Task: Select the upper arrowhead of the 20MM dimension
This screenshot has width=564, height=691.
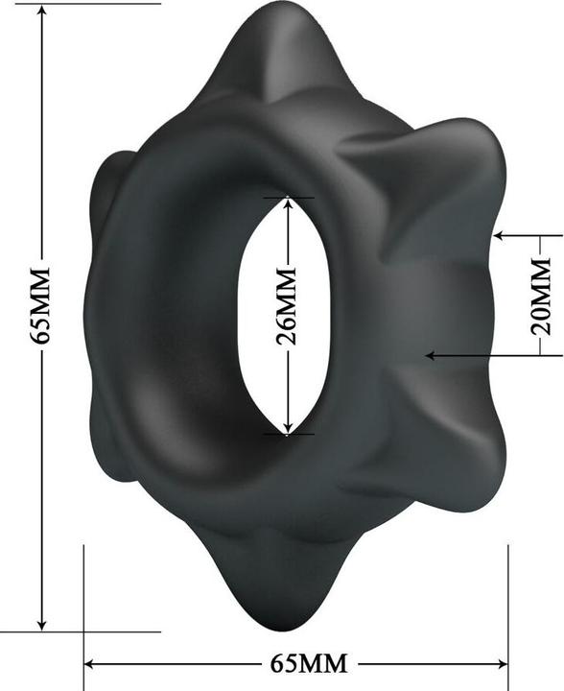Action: (499, 234)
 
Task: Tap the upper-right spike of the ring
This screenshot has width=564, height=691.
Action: (460, 154)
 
